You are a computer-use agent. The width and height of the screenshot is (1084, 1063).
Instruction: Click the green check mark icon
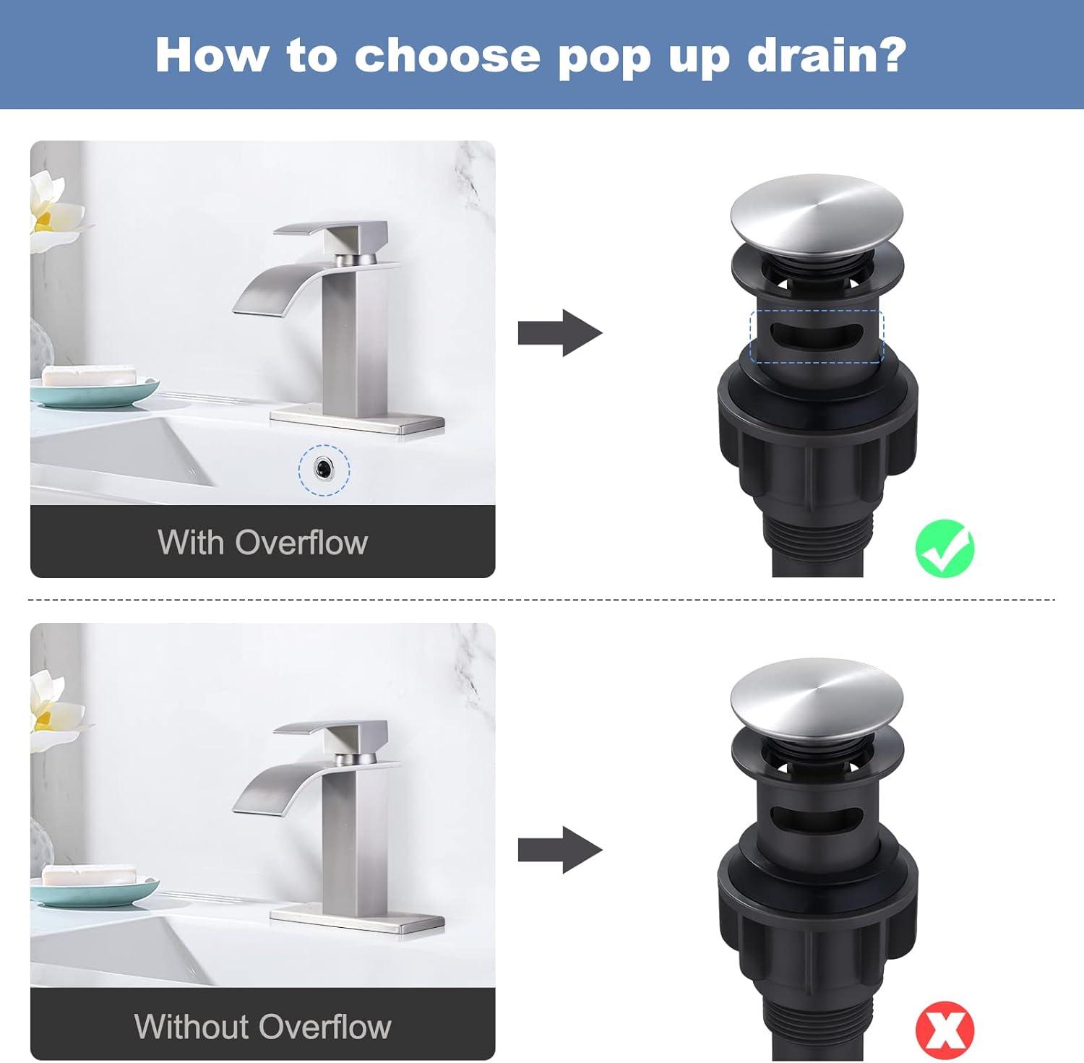coord(945,548)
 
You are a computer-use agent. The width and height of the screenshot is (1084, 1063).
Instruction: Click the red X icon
coord(945,1029)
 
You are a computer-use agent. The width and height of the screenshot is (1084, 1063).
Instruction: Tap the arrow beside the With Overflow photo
coord(559,332)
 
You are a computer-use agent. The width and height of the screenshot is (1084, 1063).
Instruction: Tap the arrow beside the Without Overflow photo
coord(559,850)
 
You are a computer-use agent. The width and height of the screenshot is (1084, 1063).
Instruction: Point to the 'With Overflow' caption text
coord(262,542)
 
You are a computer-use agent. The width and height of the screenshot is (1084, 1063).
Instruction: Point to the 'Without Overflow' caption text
coord(262,1026)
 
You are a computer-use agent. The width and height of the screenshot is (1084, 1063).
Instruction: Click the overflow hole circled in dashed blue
coord(324,470)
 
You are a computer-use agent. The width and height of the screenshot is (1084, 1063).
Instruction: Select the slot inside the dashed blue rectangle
coord(816,336)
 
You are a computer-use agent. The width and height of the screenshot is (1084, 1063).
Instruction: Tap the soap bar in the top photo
coord(89,376)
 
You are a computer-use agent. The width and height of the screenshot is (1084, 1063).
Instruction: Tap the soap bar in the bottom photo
coord(89,874)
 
